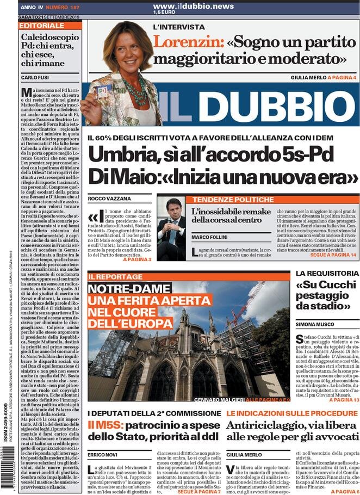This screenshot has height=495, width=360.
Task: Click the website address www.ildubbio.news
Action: [185, 6]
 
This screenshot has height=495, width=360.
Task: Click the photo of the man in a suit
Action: [171, 227]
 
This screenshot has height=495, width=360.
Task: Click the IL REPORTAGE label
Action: [111, 277]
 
